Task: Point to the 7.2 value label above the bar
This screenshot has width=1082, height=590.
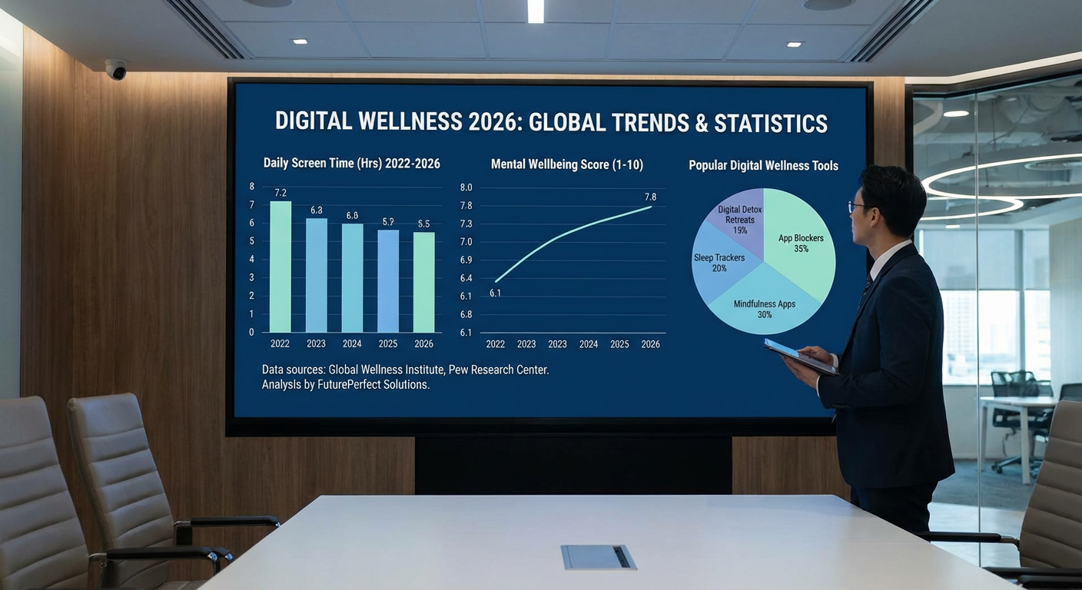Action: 280,193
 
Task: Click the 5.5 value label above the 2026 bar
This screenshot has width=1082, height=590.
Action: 423,224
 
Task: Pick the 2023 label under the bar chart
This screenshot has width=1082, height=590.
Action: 316,344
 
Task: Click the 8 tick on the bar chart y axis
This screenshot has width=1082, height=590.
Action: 251,187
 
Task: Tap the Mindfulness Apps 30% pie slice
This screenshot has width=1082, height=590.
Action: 765,307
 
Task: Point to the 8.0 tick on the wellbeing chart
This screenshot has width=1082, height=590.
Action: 466,187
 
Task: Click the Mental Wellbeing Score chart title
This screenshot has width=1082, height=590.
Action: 566,164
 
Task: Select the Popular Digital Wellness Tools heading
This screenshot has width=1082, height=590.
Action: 763,165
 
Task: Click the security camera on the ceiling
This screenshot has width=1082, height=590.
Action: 117,68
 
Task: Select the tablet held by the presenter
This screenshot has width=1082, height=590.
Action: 800,357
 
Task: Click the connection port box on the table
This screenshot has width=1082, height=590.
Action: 599,557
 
